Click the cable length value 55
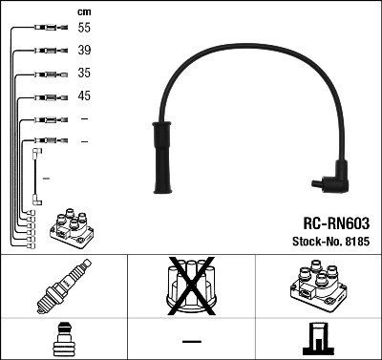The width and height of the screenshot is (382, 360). coord(85,30)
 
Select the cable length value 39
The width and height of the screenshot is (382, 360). coord(85,52)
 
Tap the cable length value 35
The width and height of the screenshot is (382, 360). coord(85,74)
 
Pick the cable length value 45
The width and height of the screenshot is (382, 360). coord(85,96)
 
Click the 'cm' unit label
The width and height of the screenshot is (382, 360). coord(84,11)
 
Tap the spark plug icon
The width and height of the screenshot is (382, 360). coord(63,286)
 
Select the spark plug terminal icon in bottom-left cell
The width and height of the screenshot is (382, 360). coord(63,338)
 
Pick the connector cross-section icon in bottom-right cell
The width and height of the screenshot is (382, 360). coord(317,338)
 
